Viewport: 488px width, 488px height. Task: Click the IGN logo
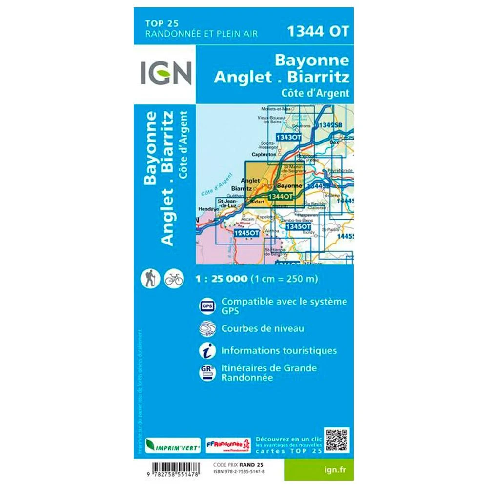click(x=165, y=74)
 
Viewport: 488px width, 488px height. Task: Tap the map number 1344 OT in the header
click(x=318, y=31)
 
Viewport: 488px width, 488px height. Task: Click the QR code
click(x=337, y=441)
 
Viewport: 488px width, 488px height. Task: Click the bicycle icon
click(x=174, y=279)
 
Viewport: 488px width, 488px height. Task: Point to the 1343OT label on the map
click(x=288, y=138)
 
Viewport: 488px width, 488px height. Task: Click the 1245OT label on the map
click(x=246, y=234)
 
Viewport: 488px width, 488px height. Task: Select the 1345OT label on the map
click(x=298, y=227)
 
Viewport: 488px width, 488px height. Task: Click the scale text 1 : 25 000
click(x=221, y=280)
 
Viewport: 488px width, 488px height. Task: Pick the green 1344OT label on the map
click(x=280, y=196)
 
